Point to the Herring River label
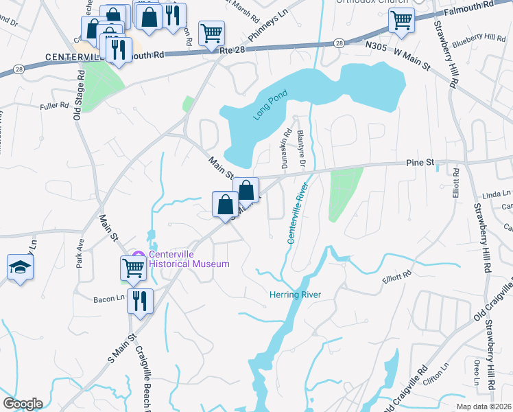point(295,295)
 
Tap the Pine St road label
point(421,163)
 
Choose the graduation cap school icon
point(19,267)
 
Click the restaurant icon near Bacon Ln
point(140,299)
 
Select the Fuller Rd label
point(55,106)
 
